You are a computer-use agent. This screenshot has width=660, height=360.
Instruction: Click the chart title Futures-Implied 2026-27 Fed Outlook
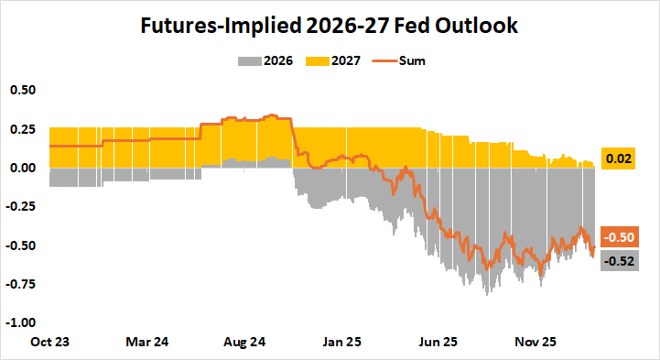(330, 26)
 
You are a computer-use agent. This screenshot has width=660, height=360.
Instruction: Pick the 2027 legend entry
(337, 61)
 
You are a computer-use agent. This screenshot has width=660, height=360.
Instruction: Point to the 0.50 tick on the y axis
(23, 90)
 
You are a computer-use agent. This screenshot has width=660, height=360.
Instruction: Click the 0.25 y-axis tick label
(23, 129)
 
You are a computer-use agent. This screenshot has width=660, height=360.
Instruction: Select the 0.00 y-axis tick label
(23, 168)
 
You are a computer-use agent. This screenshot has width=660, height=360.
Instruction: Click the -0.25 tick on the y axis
(21, 206)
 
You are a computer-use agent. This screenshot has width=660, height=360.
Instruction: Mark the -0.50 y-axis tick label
(21, 245)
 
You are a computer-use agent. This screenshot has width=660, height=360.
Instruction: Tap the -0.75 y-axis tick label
(21, 284)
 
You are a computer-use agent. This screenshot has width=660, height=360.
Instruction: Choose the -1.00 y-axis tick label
(21, 322)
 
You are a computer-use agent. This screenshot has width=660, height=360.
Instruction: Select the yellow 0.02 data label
(620, 159)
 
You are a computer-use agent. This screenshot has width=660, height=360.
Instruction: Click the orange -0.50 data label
(619, 237)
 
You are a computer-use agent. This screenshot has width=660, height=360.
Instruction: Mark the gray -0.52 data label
(619, 261)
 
